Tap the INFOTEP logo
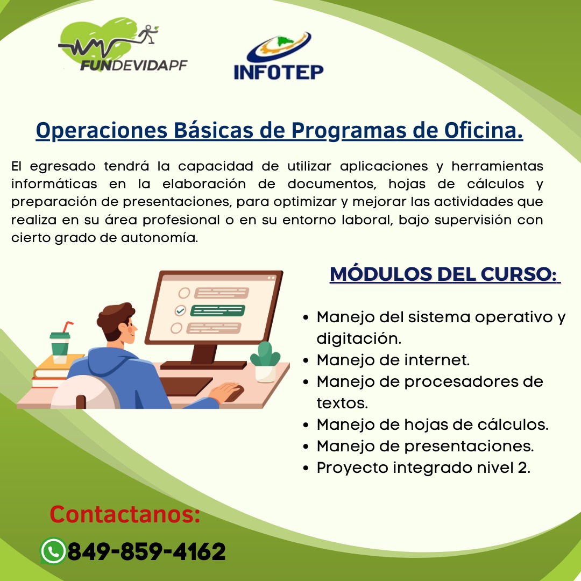279,57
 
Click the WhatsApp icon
53,551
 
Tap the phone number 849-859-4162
146,551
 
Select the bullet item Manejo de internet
393,359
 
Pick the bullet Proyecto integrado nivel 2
423,467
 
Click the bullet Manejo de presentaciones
425,446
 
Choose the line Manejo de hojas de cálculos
433,424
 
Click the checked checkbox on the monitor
180,310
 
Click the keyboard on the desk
186,385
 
